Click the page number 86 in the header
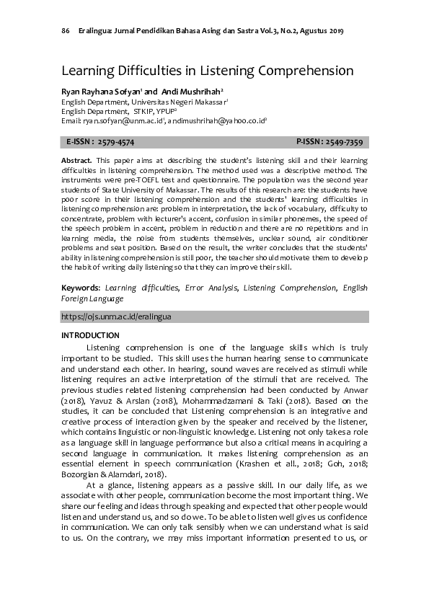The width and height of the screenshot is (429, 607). [x=66, y=31]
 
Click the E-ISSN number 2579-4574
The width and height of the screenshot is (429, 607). [x=115, y=142]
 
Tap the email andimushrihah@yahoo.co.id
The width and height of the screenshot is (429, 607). [x=217, y=123]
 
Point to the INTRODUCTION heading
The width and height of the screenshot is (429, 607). [x=90, y=335]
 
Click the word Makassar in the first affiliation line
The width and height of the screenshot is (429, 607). [x=216, y=103]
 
